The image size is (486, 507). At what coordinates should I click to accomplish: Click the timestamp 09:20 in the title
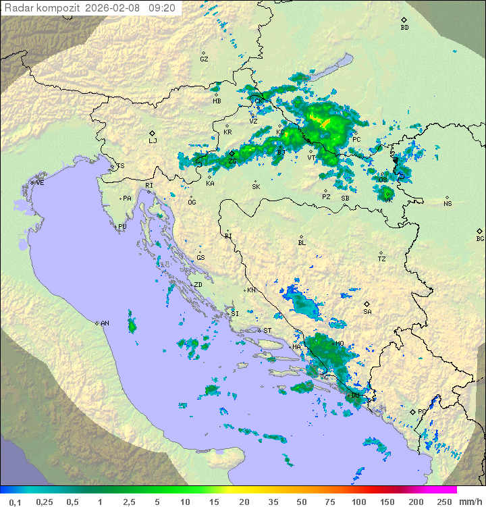coord(162,8)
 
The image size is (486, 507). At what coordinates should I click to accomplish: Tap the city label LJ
coord(153,141)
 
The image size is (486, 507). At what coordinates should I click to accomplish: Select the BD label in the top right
coord(404,28)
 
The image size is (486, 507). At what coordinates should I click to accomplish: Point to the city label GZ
coord(204,59)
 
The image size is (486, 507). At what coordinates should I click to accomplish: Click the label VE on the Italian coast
coord(40,183)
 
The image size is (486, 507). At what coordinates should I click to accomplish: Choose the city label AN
coord(105,323)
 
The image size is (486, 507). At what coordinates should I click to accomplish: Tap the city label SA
coord(367,312)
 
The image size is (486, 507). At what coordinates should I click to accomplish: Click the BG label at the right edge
coord(480,238)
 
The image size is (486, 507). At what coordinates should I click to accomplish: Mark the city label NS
coord(448,204)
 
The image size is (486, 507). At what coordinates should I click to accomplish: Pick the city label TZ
coord(382,259)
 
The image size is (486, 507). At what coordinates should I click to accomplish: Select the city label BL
coord(302,243)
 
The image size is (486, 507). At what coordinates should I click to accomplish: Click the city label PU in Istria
coord(122,227)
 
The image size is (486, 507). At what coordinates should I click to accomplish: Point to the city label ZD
coord(198,285)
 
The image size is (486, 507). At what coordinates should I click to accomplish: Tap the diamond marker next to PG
coord(413,411)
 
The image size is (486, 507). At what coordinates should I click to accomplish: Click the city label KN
coord(251,290)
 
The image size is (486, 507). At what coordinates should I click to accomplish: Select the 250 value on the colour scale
coord(444,502)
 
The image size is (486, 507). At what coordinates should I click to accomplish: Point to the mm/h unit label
coord(469,502)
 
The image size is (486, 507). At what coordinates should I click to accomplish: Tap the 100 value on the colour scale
coord(358,502)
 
